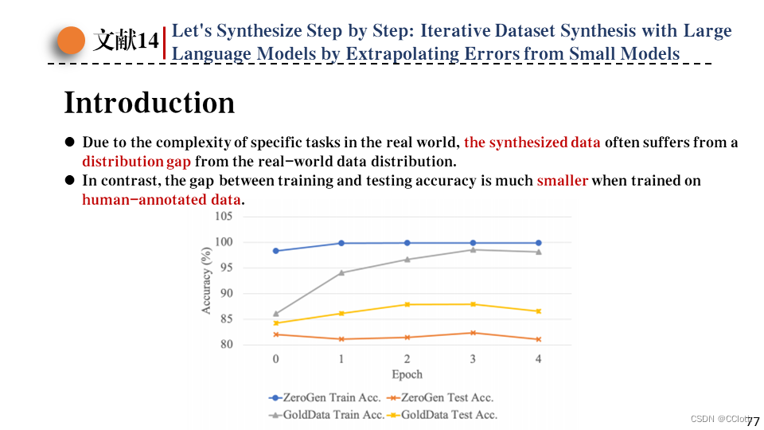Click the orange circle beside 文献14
(72, 40)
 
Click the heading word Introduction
(150, 103)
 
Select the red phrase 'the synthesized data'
(532, 143)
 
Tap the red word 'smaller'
(562, 181)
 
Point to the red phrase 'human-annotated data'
(162, 200)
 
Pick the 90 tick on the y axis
(225, 294)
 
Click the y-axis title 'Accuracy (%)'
(207, 279)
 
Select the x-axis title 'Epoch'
(407, 374)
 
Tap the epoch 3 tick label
(473, 359)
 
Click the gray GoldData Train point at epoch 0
(275, 314)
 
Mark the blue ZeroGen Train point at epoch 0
(275, 251)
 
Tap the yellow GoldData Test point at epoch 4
(538, 311)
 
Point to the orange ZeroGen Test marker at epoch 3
(473, 333)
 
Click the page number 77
(753, 420)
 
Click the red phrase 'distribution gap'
(136, 162)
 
